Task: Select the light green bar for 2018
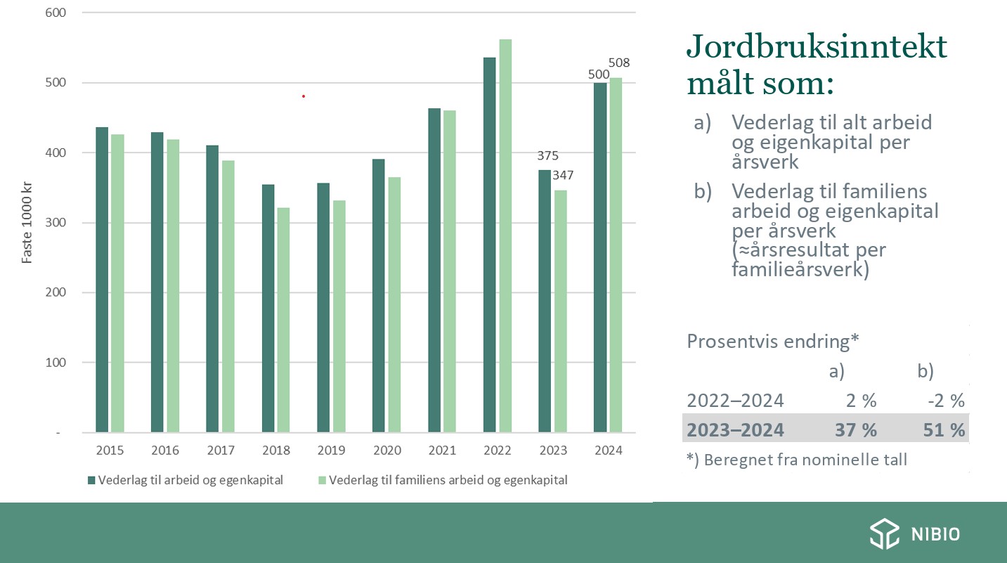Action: pos(283,320)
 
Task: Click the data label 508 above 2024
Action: pos(618,63)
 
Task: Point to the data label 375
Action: pos(547,156)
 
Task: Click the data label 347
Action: pos(563,175)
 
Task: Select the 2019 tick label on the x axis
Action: pos(331,451)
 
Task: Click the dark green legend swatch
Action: pos(91,481)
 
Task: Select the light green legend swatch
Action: pos(322,481)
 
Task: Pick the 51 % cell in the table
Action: pos(944,430)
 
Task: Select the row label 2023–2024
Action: pos(735,430)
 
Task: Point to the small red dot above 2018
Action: pos(304,96)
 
